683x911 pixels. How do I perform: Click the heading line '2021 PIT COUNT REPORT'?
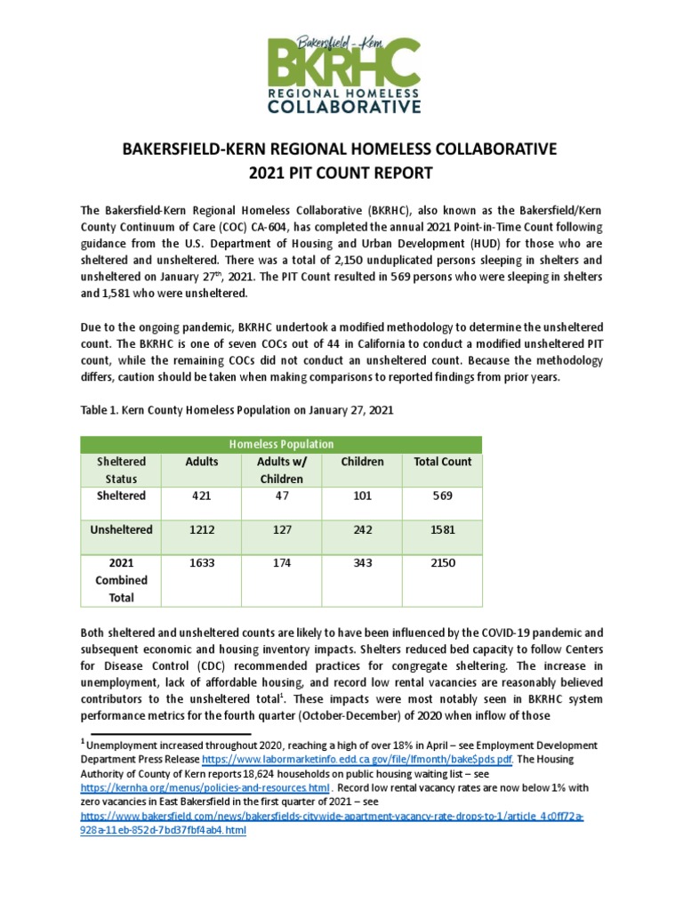341,173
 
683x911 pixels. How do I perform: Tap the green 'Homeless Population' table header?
281,444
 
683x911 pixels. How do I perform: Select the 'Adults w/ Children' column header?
281,470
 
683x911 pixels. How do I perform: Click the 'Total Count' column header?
442,462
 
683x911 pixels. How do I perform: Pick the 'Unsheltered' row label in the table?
121,529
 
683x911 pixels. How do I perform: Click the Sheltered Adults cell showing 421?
200,496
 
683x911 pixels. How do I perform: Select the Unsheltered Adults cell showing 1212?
200,529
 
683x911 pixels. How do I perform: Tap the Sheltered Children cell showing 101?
362,496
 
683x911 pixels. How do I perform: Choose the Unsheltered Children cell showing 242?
362,529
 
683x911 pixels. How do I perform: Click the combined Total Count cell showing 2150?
442,564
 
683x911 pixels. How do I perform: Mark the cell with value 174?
281,564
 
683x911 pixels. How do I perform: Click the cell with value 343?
362,564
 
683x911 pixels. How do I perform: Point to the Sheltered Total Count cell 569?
442,496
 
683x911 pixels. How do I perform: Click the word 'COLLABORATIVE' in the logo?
341,108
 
